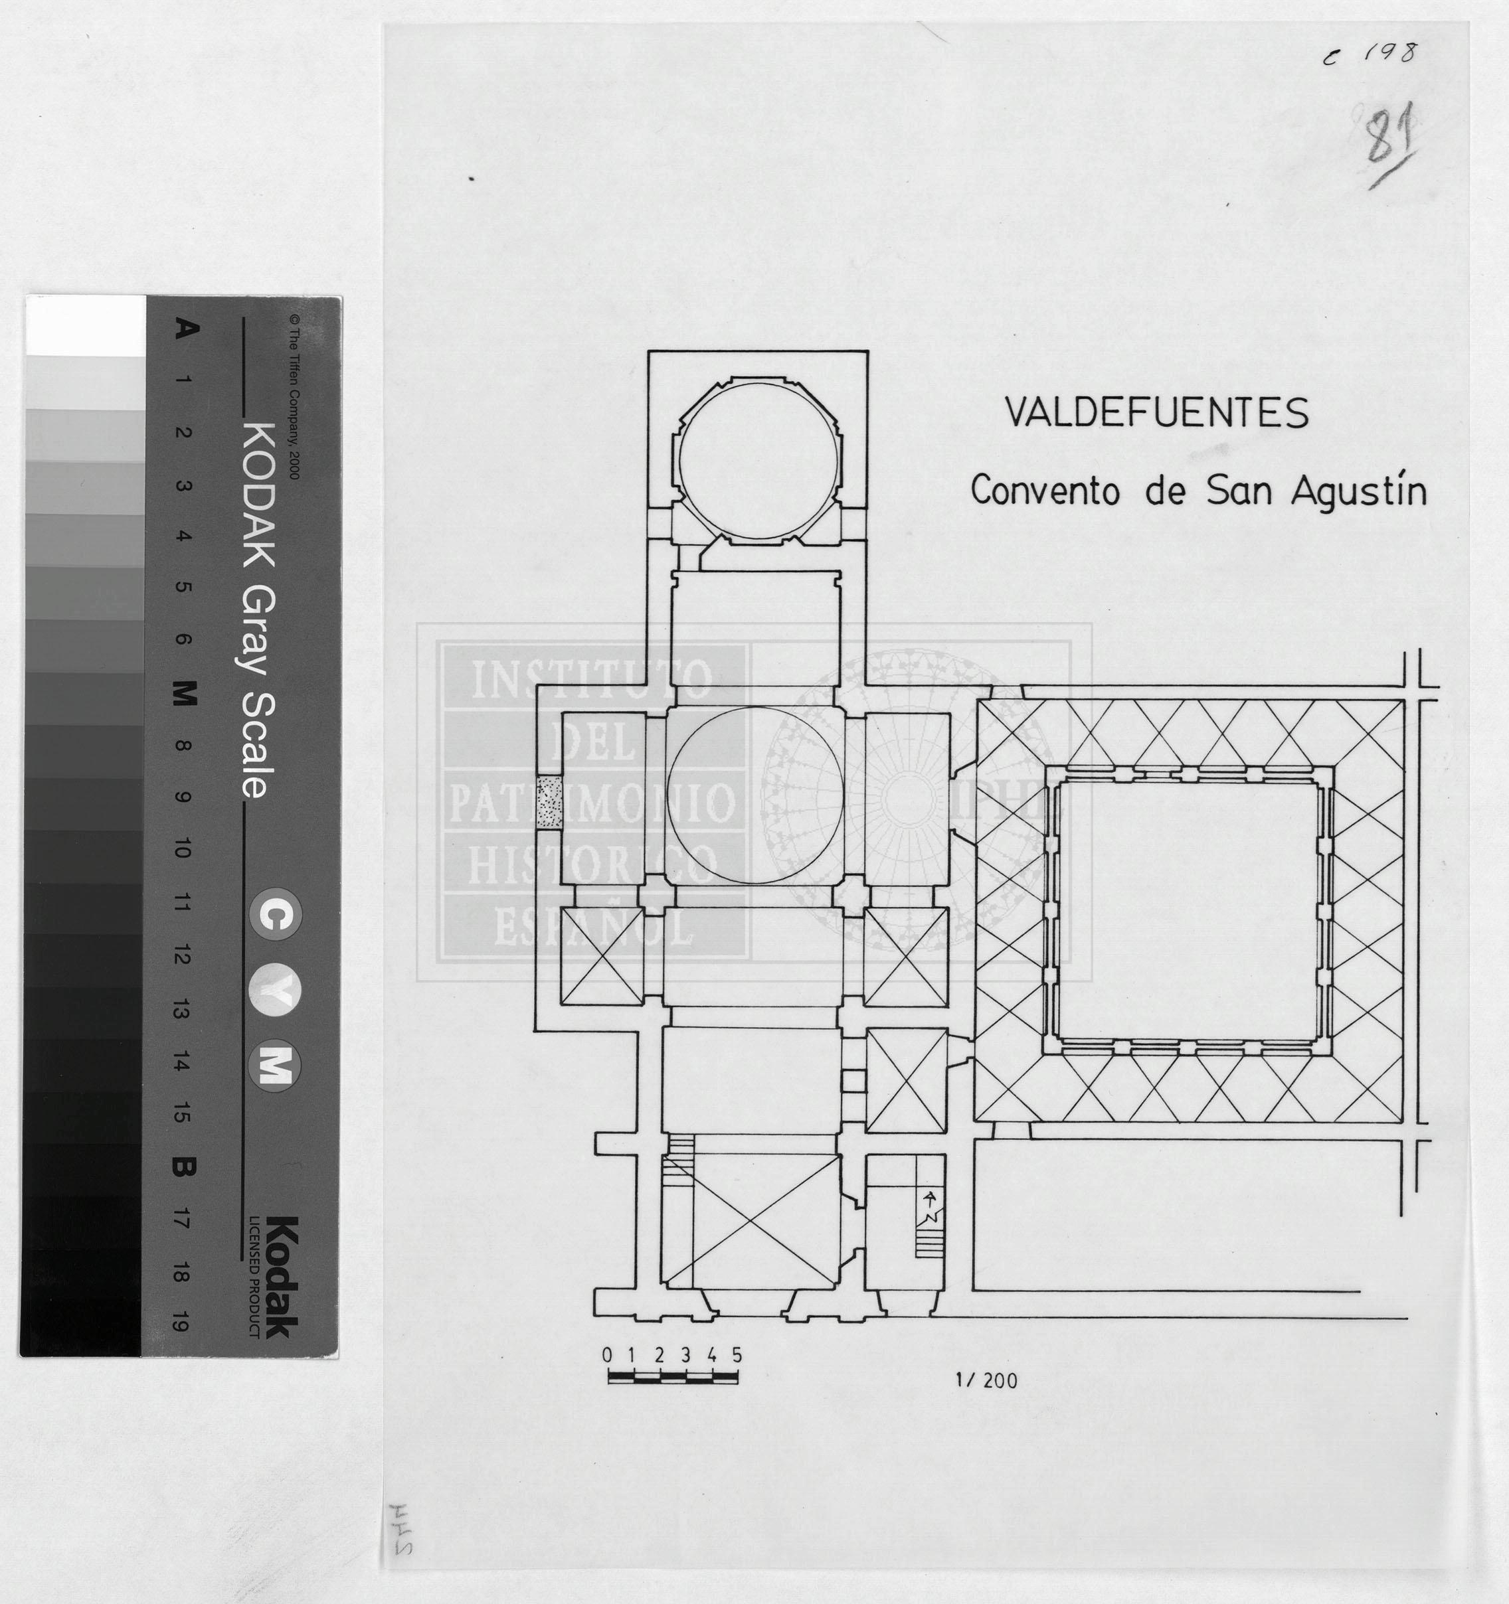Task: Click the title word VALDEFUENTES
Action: click(1156, 413)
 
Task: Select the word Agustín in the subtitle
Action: click(1358, 492)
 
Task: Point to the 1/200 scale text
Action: click(986, 1380)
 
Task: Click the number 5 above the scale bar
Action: click(737, 1354)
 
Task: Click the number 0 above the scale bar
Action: click(608, 1354)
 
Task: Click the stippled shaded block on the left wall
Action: click(549, 801)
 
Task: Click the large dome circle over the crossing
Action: click(756, 795)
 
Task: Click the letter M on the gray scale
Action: click(184, 692)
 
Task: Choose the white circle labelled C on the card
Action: click(275, 914)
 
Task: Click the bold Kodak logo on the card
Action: click(282, 1277)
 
